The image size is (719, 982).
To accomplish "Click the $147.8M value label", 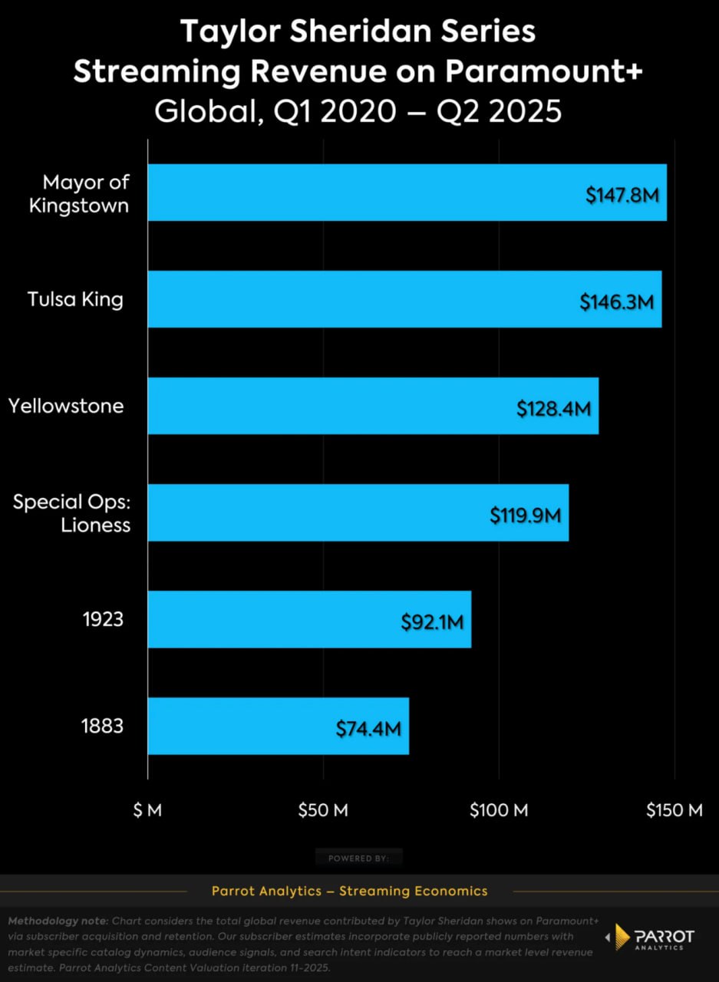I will coord(622,195).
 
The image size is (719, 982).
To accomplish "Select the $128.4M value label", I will coord(553,408).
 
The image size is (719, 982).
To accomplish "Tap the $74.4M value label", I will coord(368,728).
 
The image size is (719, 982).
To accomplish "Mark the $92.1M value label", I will coord(432,621).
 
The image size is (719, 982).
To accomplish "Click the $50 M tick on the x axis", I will coord(323,811).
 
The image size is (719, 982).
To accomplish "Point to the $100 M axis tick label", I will coord(499,811).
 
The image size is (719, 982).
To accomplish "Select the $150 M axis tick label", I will coord(674,811).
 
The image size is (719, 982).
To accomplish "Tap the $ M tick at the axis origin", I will coord(147,811).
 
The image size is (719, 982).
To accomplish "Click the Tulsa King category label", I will coord(75,299).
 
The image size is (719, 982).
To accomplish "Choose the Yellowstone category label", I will coord(66,406).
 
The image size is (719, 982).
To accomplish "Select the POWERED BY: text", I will coord(358,858).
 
